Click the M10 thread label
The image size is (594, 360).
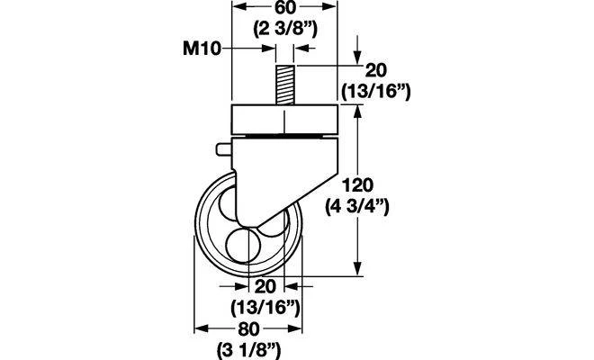[x=202, y=49]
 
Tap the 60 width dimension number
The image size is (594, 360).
[x=284, y=7]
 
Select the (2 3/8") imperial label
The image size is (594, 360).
[x=285, y=29]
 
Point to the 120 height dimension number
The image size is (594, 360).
[x=357, y=185]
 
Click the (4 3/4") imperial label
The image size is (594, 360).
[x=357, y=207]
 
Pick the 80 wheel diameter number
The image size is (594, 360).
[x=248, y=328]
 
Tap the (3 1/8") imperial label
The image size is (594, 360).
[x=248, y=349]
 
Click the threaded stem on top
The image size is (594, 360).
[x=285, y=85]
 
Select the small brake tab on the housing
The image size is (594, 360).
[x=224, y=149]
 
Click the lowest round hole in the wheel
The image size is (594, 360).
[x=243, y=245]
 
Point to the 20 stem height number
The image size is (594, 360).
[x=375, y=71]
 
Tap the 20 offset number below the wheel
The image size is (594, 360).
[x=265, y=287]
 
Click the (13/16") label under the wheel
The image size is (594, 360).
[x=265, y=307]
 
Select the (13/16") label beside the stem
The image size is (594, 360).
[x=376, y=91]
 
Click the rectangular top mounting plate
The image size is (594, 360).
[x=284, y=120]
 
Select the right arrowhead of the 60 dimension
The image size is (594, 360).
[x=328, y=7]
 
